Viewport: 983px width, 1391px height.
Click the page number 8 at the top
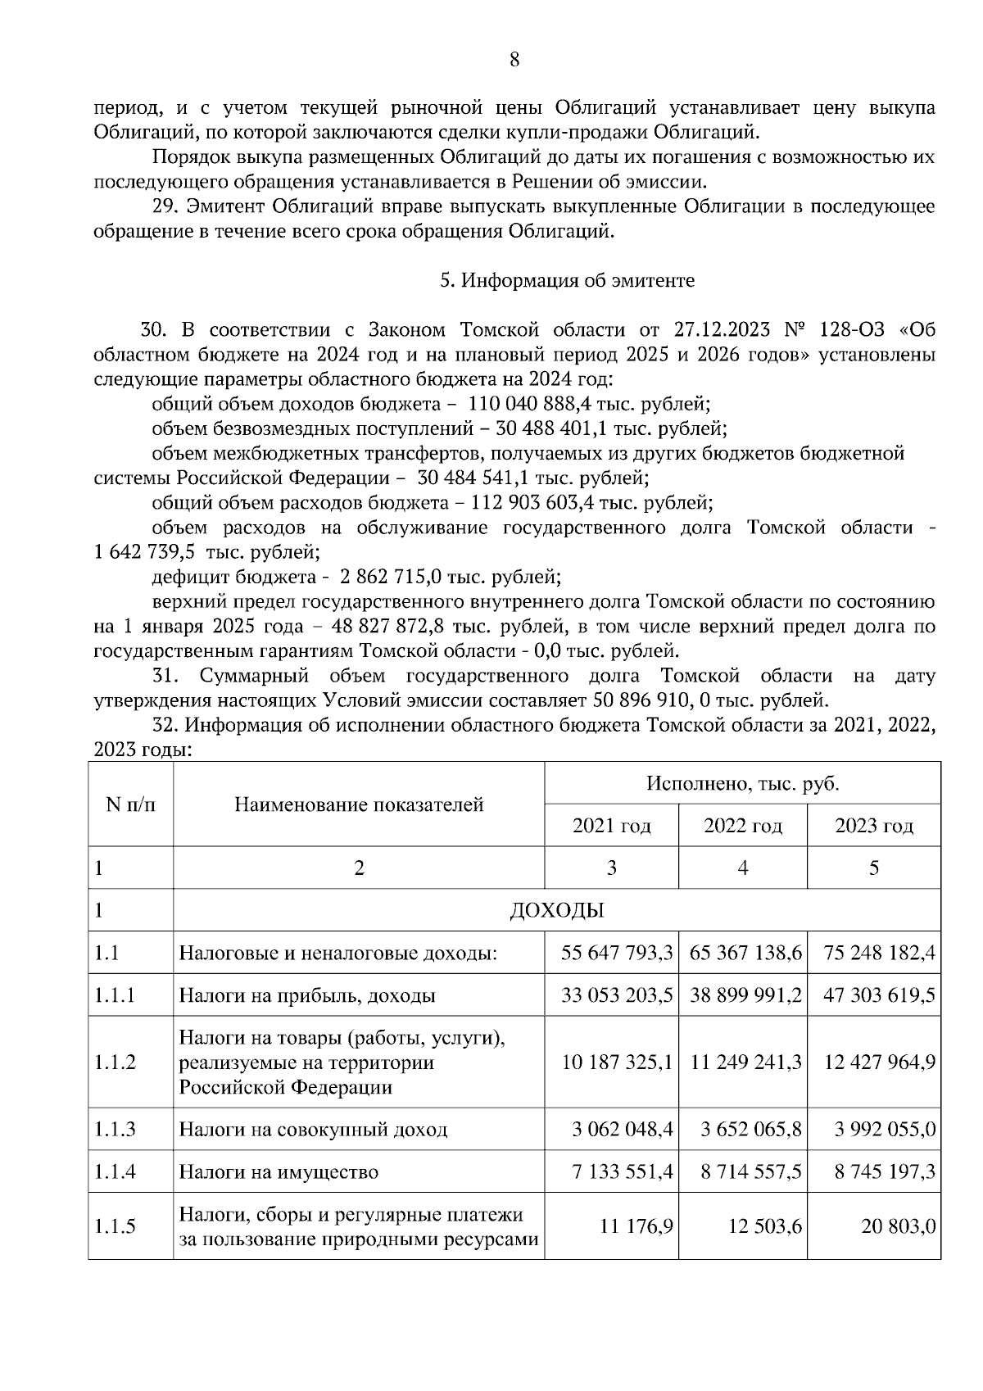514,59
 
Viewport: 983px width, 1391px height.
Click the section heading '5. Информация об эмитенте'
567,281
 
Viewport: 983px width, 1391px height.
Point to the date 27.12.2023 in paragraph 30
722,330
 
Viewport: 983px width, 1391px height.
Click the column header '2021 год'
611,826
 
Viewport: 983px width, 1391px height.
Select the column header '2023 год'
873,826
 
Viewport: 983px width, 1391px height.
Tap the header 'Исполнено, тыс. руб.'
742,783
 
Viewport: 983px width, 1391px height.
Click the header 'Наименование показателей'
359,804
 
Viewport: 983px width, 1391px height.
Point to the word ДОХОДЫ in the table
556,910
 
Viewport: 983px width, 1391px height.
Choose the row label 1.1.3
115,1130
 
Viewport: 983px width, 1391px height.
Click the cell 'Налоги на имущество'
279,1172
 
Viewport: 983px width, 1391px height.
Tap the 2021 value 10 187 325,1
617,1063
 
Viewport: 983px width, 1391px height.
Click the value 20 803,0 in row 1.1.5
898,1226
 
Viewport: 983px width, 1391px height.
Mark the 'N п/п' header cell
130,804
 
